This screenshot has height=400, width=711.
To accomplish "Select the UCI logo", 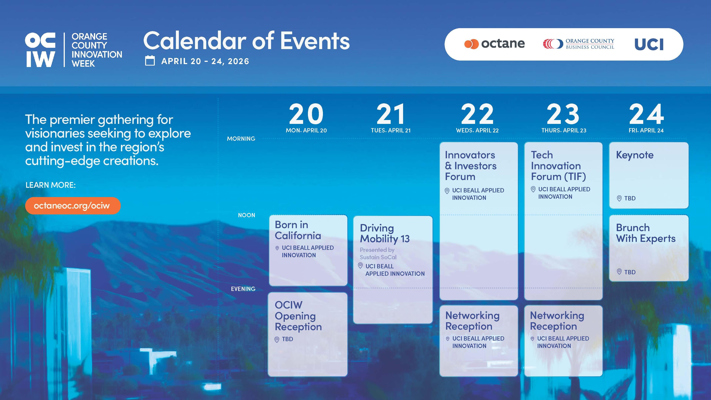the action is point(649,44).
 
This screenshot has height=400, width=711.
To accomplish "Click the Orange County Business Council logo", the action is point(578,44).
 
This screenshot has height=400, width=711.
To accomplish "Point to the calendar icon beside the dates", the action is point(150,61).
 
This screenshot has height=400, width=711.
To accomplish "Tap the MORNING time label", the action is point(241,139).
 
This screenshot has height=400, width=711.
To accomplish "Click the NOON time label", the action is point(246,215).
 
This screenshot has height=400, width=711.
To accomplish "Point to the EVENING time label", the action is point(243,289).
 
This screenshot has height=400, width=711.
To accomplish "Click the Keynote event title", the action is point(635,155).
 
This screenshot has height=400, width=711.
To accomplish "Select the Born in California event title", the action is point(298,230).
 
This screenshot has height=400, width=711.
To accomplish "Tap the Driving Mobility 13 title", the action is point(385,233).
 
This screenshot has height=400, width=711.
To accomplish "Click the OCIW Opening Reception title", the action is point(298,316).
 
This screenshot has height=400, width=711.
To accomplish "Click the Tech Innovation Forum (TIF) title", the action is point(558,166).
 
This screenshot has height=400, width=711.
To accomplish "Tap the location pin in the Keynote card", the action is point(619,198).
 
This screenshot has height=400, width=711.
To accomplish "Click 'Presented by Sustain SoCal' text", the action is point(378,253).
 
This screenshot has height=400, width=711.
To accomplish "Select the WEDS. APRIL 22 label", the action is point(477,130).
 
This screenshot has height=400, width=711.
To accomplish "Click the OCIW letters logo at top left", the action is point(40,50).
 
